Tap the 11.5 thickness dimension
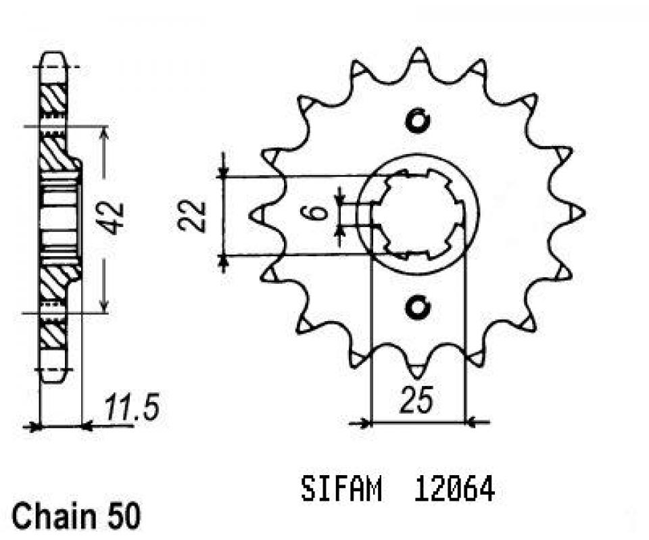[x=131, y=409]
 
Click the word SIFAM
[x=341, y=489]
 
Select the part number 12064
[x=455, y=489]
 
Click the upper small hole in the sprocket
[x=418, y=120]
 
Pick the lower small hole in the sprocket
[x=418, y=308]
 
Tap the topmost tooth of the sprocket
[x=419, y=55]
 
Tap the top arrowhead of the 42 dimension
[x=103, y=132]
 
